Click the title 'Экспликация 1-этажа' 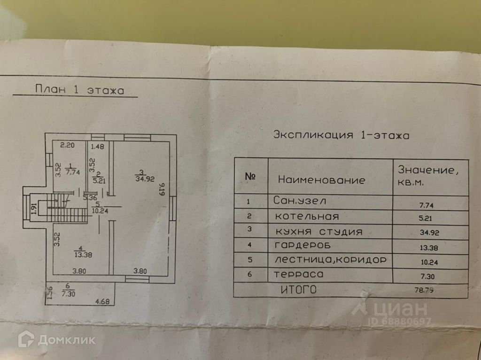click(341, 135)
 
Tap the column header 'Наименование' click(321, 180)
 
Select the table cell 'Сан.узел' click(299, 201)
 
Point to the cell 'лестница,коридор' click(331, 260)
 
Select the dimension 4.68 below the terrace click(102, 302)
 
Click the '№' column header click(250, 176)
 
